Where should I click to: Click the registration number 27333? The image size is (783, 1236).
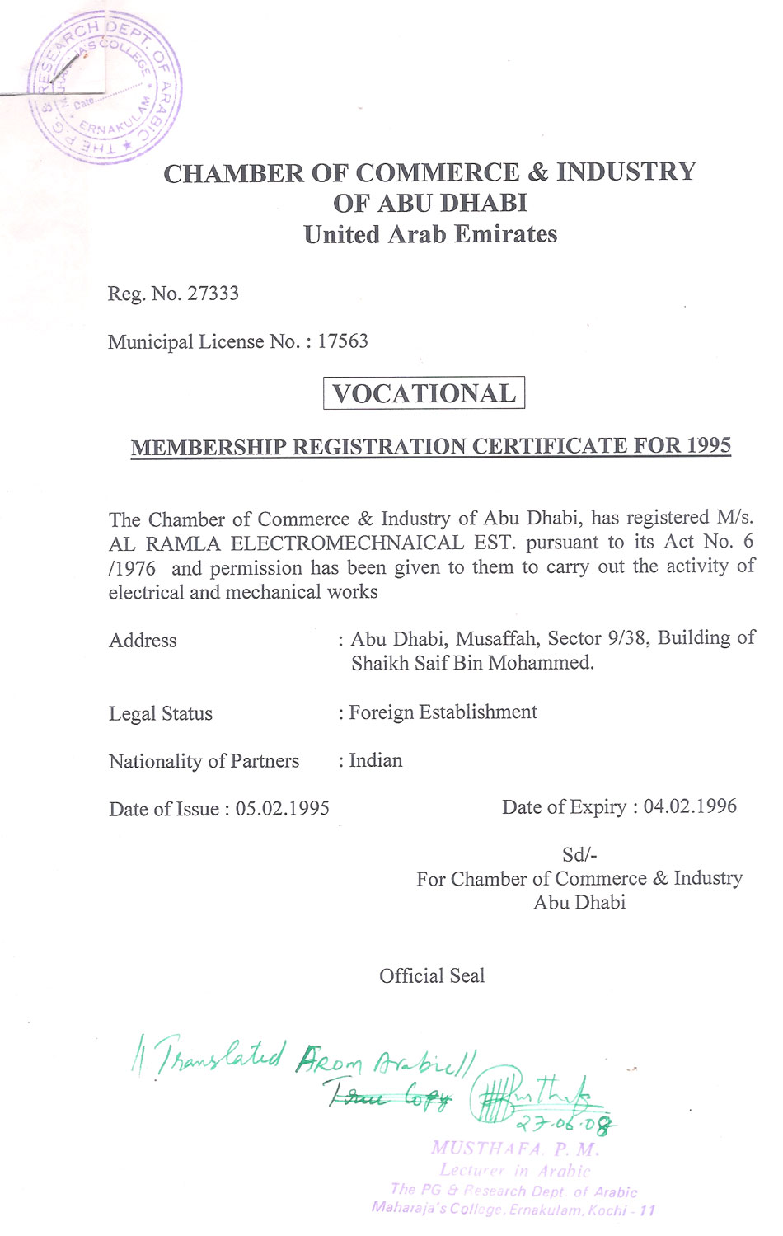coord(213,294)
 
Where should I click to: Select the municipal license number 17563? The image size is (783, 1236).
coord(343,341)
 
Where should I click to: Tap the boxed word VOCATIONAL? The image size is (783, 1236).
coord(424,393)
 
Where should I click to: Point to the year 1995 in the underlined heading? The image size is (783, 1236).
coord(709,445)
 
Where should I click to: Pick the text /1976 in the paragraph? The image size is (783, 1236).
coord(132,568)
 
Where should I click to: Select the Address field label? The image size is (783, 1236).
coord(143,641)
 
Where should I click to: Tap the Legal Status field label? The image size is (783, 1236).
coord(161,714)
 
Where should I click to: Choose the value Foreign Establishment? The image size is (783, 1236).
coord(443,712)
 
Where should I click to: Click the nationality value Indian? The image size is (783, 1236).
coord(376,760)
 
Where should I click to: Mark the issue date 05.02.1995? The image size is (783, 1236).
coord(283,809)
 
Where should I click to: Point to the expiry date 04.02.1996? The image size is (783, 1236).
coord(690,806)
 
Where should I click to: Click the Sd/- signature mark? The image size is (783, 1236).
coord(579,855)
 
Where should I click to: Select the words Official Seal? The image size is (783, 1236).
coord(432,976)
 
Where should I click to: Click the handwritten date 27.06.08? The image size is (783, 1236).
coord(565,1124)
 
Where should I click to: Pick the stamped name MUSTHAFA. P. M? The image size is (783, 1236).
coord(514,1149)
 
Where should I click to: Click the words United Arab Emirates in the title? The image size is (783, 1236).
coord(430,235)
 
